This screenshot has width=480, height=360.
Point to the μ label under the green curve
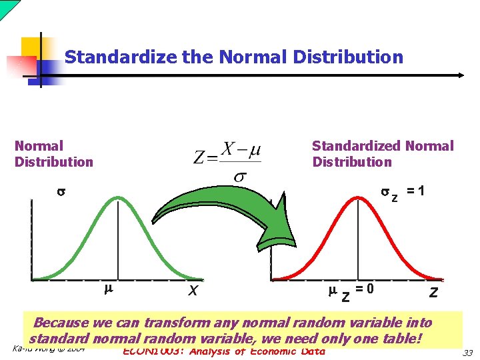[109, 289]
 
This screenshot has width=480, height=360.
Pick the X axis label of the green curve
[193, 291]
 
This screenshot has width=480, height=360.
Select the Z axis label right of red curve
[433, 291]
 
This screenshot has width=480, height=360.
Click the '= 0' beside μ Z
[365, 289]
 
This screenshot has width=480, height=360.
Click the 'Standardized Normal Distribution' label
[382, 153]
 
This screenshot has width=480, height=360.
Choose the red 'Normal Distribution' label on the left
[53, 153]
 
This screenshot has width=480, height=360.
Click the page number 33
[467, 353]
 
